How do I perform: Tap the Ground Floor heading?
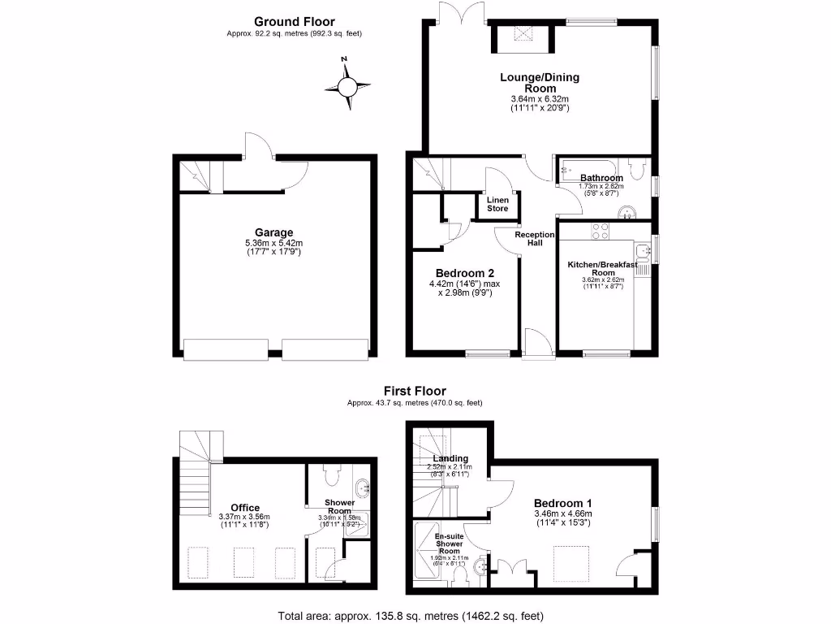click(x=294, y=22)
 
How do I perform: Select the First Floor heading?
click(x=415, y=391)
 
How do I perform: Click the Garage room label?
click(x=273, y=232)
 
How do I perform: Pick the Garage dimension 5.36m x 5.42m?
click(x=273, y=243)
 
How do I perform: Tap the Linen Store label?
click(x=497, y=204)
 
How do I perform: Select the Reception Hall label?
click(x=535, y=238)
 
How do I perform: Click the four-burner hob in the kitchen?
click(x=601, y=231)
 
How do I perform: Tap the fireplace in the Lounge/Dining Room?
click(x=520, y=37)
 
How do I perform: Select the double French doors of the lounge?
click(x=462, y=11)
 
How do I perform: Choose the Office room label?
click(x=244, y=508)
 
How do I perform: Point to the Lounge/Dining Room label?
click(x=539, y=83)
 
